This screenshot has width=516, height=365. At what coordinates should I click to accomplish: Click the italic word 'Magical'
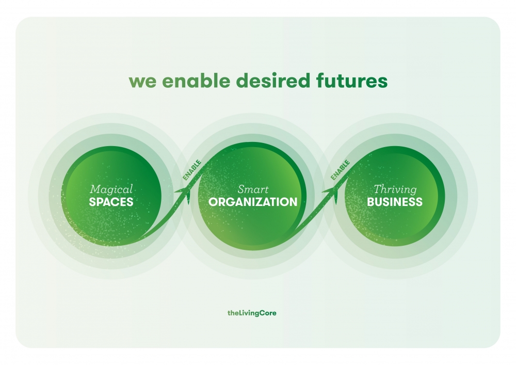[111, 189]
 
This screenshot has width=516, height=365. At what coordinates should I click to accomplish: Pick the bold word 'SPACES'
[111, 202]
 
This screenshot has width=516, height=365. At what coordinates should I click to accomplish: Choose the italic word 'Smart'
[253, 189]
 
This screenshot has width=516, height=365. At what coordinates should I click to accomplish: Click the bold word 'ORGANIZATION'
[253, 202]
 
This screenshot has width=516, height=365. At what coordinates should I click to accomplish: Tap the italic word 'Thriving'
[395, 189]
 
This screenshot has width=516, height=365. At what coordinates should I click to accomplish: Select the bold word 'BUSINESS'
[395, 202]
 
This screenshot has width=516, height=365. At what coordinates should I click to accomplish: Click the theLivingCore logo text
[252, 313]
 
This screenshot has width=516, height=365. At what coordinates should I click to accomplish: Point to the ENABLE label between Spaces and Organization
[192, 170]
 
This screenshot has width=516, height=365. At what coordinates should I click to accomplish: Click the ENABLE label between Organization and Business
[340, 170]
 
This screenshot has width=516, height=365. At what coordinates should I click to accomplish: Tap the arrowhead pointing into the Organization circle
[185, 193]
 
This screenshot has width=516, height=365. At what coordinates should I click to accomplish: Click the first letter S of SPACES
[92, 202]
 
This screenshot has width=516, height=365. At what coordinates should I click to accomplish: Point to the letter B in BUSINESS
[370, 202]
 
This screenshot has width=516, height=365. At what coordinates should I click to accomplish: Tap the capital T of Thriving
[378, 189]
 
